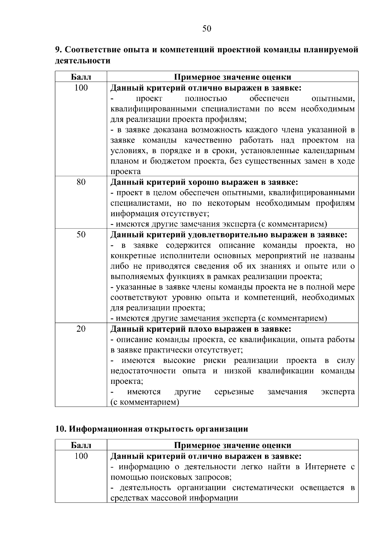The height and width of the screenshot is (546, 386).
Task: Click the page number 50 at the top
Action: point(207,29)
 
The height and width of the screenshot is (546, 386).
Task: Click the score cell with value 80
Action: point(81,182)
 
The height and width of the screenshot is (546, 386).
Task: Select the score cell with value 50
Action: point(81,235)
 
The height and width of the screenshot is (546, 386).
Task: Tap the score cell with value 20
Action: point(81,329)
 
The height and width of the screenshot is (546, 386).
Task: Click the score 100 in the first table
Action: point(81,88)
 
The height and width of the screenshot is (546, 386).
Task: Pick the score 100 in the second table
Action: point(81,456)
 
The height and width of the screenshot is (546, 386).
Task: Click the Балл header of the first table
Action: point(81,77)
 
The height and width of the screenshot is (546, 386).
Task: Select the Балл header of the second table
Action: point(81,445)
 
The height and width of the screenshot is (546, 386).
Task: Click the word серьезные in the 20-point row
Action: point(234,392)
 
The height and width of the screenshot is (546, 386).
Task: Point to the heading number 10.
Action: point(60,429)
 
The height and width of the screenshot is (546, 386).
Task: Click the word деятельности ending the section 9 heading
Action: point(83,60)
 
